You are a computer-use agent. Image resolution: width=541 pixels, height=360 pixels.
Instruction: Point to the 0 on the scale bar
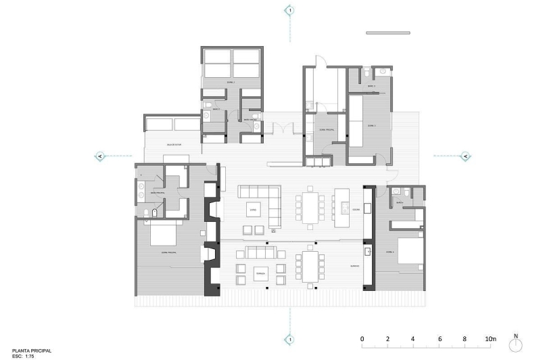point(362,338)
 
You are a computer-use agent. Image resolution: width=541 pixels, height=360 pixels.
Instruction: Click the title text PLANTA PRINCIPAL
point(26,351)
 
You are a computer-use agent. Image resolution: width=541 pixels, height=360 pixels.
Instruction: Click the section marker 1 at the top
point(290,10)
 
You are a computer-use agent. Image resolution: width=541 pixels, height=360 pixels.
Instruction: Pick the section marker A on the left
point(100,156)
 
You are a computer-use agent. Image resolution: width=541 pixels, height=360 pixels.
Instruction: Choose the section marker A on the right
point(465,156)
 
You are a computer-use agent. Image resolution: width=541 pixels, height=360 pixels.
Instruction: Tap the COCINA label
point(356,209)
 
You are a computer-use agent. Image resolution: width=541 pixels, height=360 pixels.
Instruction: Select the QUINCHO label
point(354,266)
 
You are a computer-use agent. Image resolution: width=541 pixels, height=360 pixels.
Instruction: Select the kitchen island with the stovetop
point(343,203)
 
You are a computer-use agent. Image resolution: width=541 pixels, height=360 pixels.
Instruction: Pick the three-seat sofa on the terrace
point(260,253)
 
